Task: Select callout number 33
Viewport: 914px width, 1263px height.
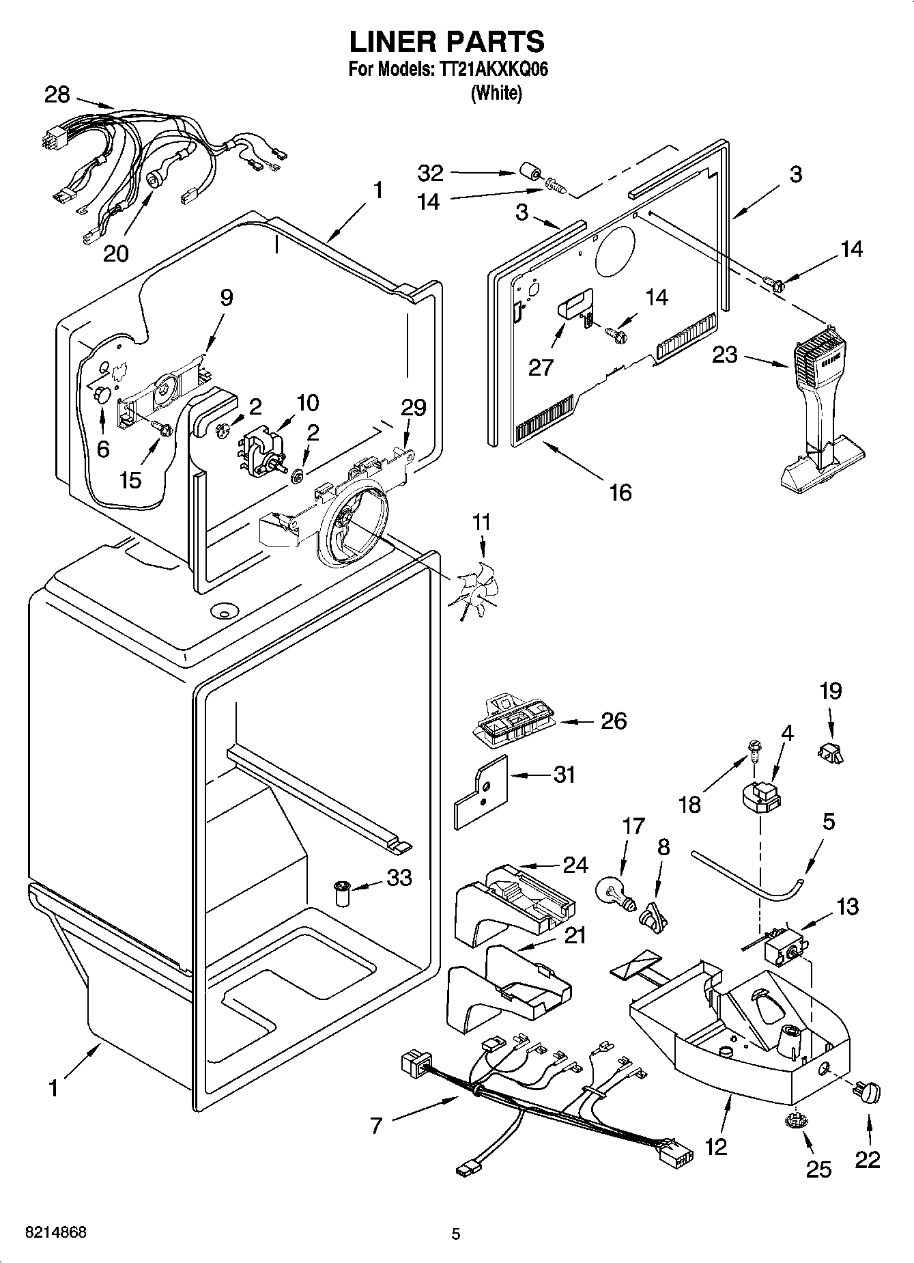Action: (399, 877)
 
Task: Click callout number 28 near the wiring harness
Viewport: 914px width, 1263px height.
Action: (57, 94)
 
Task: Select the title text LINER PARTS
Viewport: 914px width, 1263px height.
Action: (447, 42)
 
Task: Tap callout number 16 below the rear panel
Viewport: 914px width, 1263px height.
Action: (620, 492)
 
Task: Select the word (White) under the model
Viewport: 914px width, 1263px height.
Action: (496, 93)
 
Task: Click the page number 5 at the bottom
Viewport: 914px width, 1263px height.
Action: (456, 1234)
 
